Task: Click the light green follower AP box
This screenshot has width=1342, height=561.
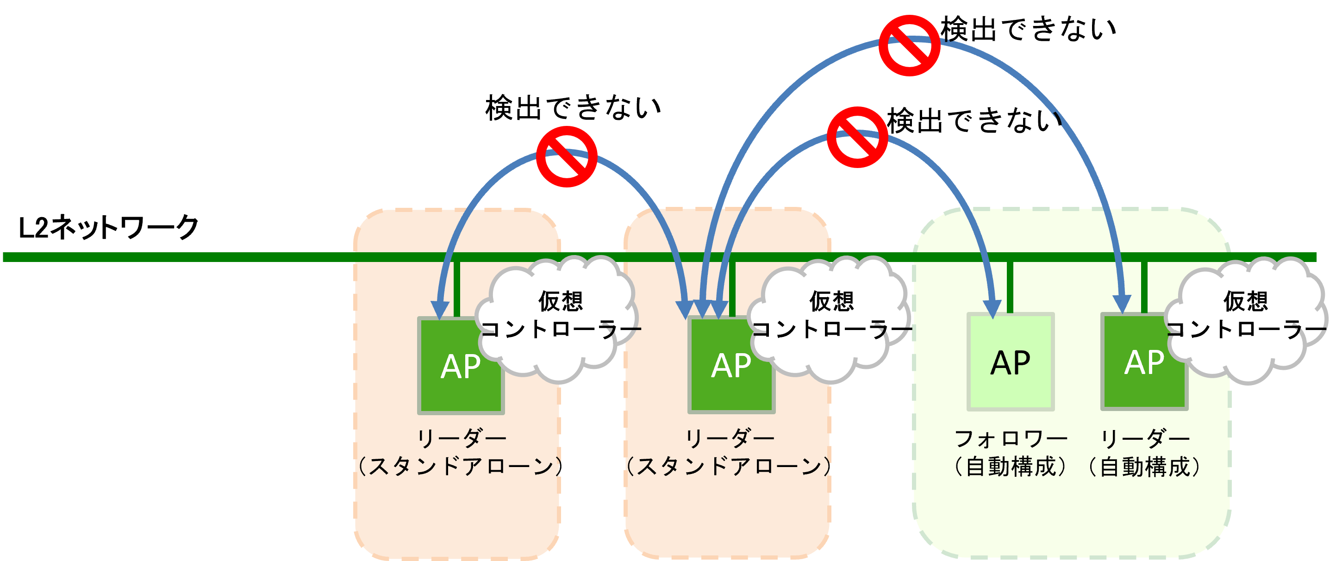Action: click(x=1010, y=362)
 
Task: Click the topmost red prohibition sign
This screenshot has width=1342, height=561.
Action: click(x=909, y=46)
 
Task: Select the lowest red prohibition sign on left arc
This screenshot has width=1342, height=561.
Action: click(x=566, y=156)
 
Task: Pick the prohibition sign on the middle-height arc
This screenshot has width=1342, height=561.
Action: click(x=857, y=137)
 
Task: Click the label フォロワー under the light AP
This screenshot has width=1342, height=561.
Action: click(x=1011, y=439)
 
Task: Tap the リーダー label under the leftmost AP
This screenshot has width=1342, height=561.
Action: click(x=461, y=439)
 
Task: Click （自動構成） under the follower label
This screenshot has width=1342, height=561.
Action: click(x=1011, y=467)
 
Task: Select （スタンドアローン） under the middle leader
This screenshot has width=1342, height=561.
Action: click(x=730, y=467)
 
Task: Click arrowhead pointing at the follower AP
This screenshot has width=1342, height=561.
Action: click(x=992, y=308)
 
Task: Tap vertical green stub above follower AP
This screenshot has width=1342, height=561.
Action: click(x=1010, y=287)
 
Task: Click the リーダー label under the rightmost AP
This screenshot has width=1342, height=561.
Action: click(x=1144, y=439)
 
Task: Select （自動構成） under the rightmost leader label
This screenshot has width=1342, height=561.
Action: click(x=1144, y=467)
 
